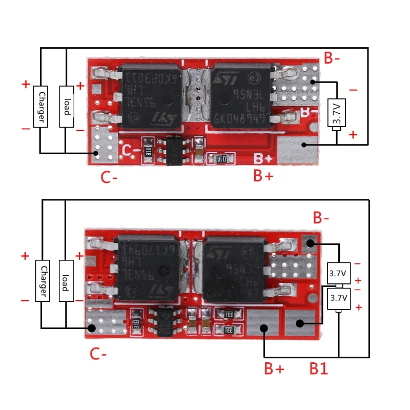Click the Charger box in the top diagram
41,106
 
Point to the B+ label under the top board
264,176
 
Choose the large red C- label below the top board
109,178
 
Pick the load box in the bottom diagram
66,281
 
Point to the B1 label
318,368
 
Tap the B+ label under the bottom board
275,368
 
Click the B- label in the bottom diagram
322,219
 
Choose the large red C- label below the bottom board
98,354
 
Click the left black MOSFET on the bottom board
149,268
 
